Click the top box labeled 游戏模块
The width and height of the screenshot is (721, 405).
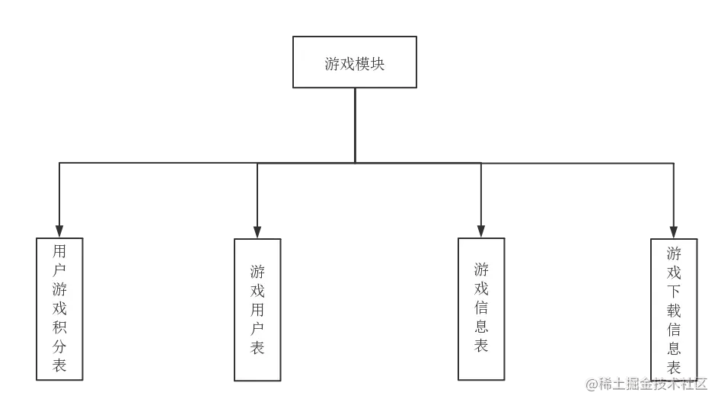tap(356, 62)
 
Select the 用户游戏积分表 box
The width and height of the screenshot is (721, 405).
tap(59, 308)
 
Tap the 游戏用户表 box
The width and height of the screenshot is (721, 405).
tap(258, 309)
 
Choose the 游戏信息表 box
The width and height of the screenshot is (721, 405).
tap(481, 308)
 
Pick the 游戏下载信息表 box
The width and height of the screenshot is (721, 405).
tap(674, 308)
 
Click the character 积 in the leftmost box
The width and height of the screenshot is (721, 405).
tap(59, 328)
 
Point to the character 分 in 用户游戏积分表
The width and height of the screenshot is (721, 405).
tap(59, 346)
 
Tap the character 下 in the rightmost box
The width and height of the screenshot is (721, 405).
tap(674, 292)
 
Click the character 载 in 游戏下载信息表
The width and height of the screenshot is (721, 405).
tap(674, 311)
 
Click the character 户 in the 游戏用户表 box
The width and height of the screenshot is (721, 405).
tap(258, 329)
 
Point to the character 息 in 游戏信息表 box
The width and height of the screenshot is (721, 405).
tap(481, 327)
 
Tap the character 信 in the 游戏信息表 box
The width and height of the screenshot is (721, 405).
tap(481, 308)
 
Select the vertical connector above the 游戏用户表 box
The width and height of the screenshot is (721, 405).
tap(258, 198)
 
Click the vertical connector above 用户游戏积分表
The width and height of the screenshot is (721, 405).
tap(58, 194)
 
